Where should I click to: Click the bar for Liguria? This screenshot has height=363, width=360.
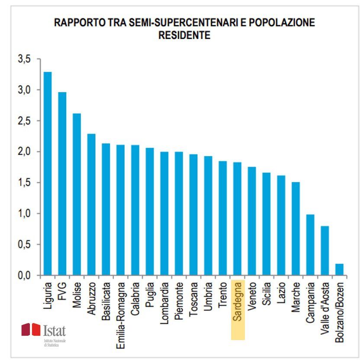coord(48,173)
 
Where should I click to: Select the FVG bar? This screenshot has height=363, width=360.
coord(62,184)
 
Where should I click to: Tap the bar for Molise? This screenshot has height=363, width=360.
coord(77,194)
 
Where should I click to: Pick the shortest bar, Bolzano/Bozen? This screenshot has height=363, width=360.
coord(340,270)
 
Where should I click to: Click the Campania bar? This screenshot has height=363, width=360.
coord(310,245)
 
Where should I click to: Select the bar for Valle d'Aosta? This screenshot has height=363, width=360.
coord(325,251)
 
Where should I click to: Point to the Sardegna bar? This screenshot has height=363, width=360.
coord(238,219)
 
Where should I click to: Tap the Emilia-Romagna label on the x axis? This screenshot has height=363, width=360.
coord(121,315)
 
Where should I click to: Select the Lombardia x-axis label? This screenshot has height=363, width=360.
coord(164,305)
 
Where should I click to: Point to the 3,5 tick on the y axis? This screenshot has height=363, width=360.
coord(25,59)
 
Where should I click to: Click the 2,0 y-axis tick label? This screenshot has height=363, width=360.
coord(25,152)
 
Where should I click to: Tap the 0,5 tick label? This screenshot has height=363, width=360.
coord(25,244)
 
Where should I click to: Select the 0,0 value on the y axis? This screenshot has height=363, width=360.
coord(25,276)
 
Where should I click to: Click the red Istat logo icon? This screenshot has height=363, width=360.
coord(31,330)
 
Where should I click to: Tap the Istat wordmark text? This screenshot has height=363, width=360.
coord(55,331)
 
